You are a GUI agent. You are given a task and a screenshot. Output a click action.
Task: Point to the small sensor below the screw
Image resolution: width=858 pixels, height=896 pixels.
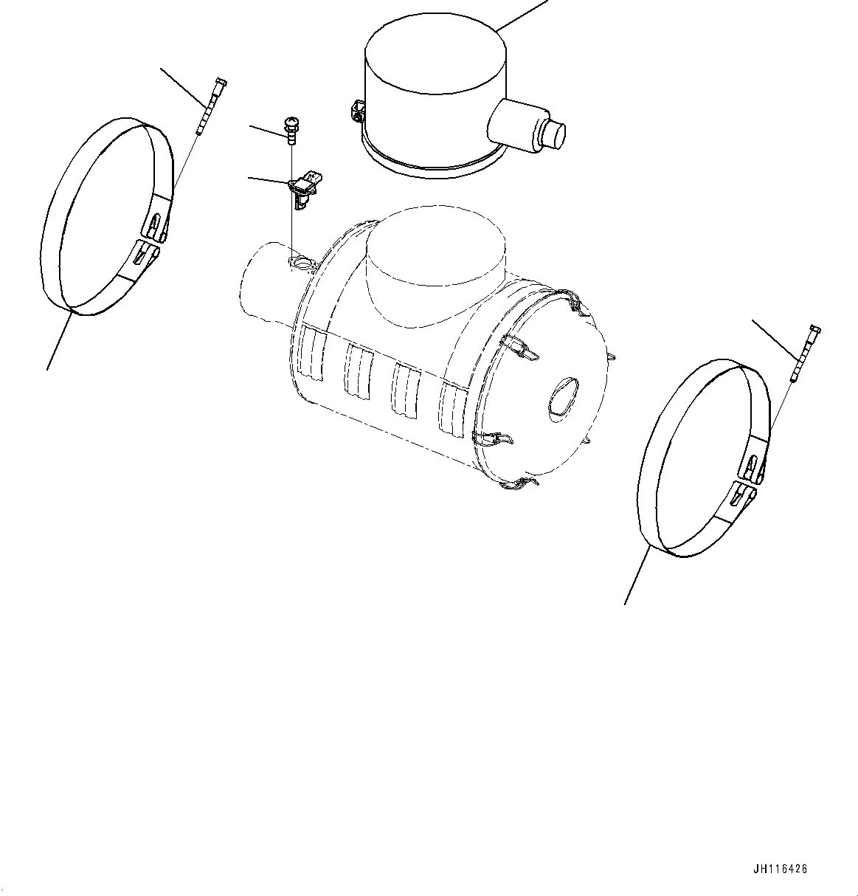pos(302,187)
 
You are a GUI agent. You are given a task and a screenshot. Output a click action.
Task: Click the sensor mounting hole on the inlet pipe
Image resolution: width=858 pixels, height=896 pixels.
pos(300,262)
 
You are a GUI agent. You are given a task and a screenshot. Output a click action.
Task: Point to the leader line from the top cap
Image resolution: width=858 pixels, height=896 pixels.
pos(522,15)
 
